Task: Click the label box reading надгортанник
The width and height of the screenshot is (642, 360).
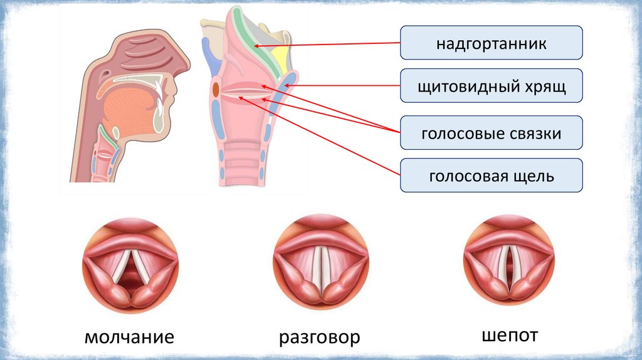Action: tap(492, 43)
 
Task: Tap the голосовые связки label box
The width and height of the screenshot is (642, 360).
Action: tap(492, 133)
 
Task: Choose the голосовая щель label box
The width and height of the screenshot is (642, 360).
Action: tap(492, 176)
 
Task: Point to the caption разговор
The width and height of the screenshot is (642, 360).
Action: tap(320, 338)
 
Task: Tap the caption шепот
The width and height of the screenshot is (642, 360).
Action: tap(510, 335)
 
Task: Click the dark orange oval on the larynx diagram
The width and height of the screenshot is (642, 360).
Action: tap(216, 90)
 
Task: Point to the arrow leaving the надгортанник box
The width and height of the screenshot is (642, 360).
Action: tap(326, 45)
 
